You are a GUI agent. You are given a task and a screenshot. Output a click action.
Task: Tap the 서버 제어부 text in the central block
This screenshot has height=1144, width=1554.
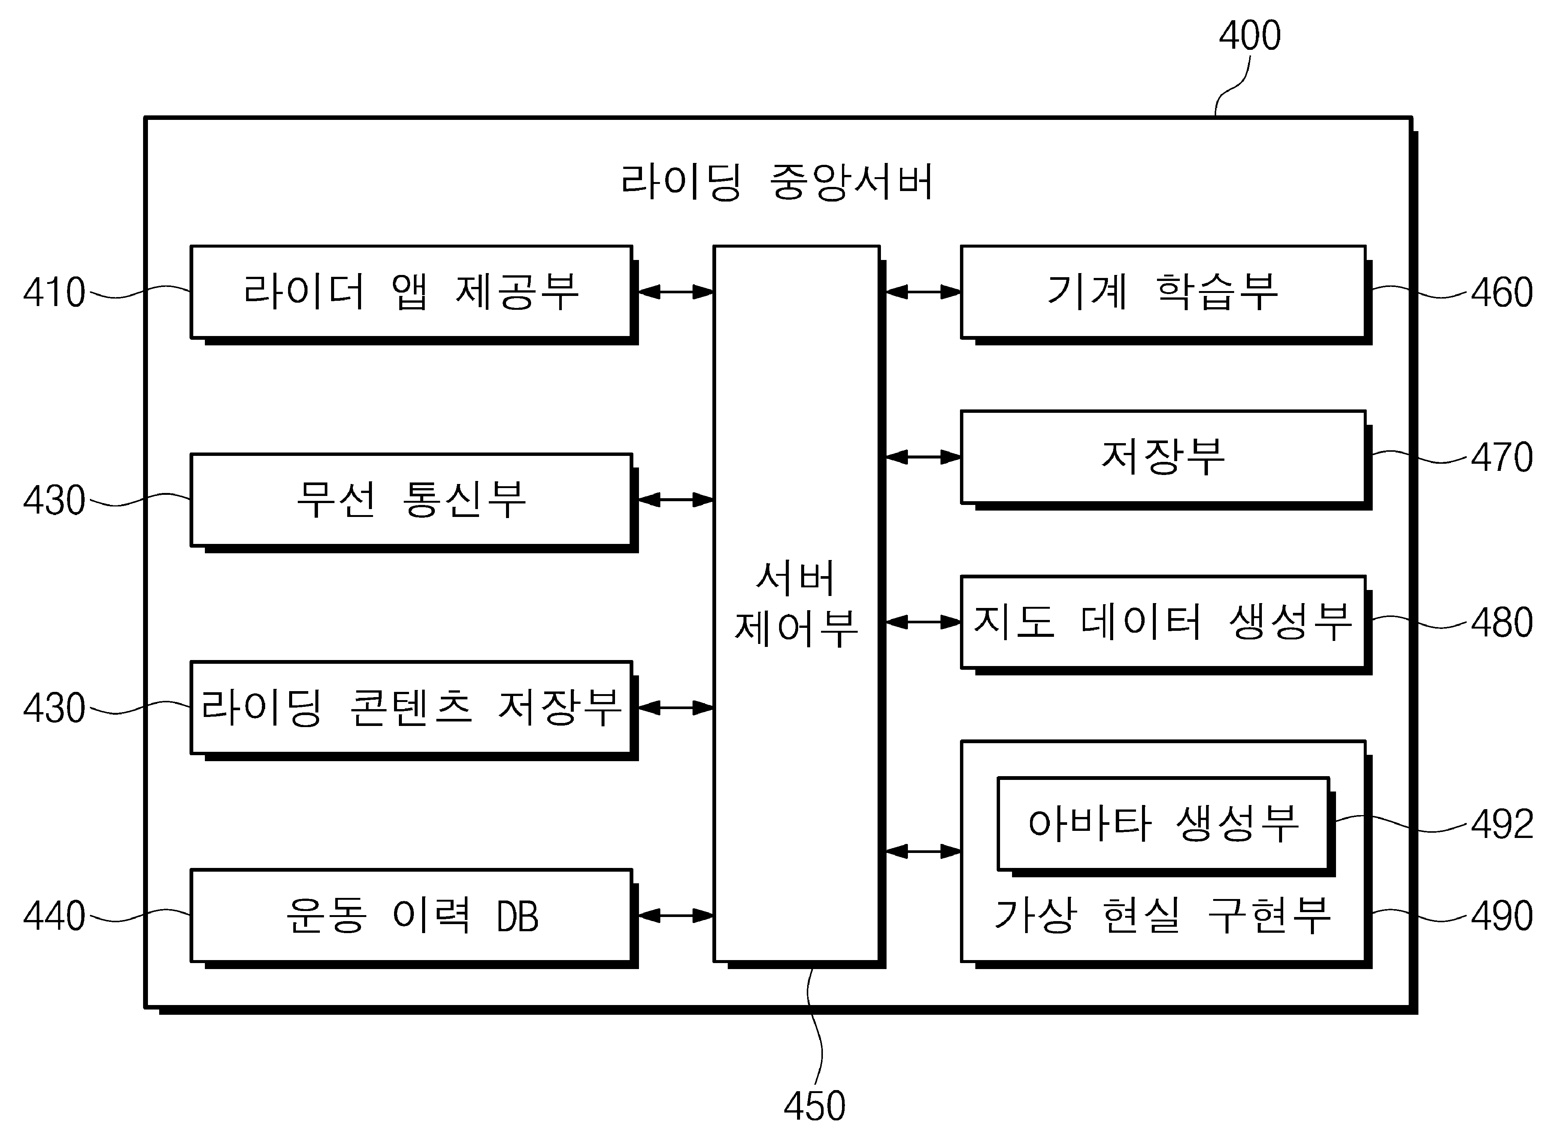tap(796, 604)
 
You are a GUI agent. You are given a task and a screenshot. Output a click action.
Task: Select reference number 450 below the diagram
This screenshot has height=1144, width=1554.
tap(814, 1106)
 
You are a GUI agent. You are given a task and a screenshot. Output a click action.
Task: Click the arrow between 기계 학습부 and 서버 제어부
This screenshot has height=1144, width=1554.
tap(923, 292)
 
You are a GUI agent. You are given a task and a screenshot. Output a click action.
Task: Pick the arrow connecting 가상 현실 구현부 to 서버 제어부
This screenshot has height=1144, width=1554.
tap(923, 851)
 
